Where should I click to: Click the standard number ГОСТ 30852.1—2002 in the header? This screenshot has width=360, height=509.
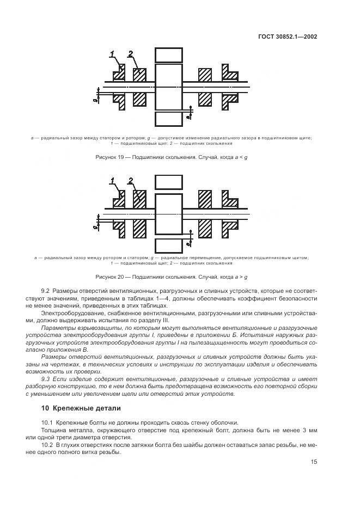point(288,37)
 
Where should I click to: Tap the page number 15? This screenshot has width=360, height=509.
point(314,462)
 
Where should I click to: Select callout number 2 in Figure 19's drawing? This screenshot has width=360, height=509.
point(131,53)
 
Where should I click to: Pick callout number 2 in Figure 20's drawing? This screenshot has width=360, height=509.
point(131,180)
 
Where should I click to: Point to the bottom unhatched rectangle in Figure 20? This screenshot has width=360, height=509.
point(168,246)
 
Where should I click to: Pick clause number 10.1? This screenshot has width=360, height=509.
point(47,422)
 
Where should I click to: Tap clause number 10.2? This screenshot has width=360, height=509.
point(47,444)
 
